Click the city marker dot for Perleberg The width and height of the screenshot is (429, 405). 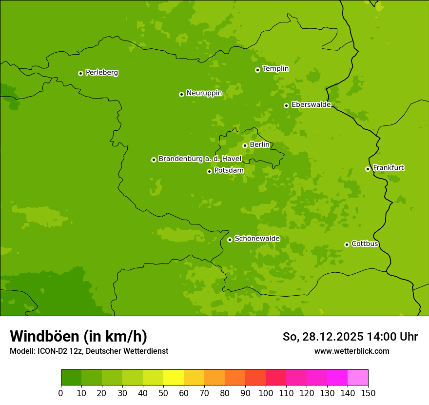[x=80, y=73]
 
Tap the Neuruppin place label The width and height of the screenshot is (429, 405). [x=204, y=93]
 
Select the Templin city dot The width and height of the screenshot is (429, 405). [x=257, y=70]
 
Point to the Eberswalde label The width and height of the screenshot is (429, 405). [x=311, y=104]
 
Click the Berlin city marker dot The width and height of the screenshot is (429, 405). [x=245, y=145]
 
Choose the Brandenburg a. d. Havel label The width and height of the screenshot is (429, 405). [x=200, y=159]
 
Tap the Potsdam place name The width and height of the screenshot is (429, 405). [x=229, y=170]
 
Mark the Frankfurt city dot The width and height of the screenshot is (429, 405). [x=368, y=169]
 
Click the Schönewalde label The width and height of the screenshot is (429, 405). [x=257, y=239]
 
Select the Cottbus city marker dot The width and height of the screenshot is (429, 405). [x=347, y=244]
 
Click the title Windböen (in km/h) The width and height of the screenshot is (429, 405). [x=78, y=336]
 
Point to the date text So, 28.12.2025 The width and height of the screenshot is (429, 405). [x=323, y=337]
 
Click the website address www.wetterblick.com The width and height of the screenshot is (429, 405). [x=351, y=351]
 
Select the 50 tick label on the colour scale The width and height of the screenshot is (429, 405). [x=163, y=393]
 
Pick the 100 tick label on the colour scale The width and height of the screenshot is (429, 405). [x=266, y=393]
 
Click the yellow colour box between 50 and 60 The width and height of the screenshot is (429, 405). [x=174, y=378]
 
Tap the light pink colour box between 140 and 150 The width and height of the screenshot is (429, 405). [x=358, y=378]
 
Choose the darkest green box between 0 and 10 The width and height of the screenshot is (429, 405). [x=71, y=378]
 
